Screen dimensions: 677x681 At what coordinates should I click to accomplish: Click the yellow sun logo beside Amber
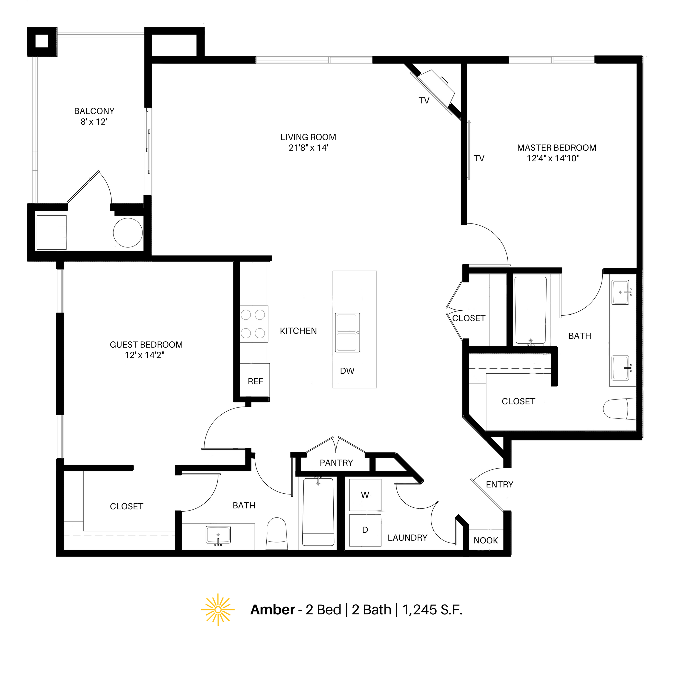(218, 610)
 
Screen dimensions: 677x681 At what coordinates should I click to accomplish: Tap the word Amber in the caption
(273, 610)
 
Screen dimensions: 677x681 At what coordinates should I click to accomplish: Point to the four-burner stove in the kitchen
(253, 324)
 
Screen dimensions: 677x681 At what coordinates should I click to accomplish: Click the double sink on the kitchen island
(347, 332)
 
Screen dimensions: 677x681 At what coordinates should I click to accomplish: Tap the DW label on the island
(347, 371)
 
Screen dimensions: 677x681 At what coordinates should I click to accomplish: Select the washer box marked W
(365, 495)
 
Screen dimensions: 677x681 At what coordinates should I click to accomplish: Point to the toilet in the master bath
(619, 409)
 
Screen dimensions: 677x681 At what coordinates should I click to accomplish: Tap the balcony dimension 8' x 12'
(94, 122)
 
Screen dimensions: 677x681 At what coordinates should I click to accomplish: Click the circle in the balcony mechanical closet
(128, 233)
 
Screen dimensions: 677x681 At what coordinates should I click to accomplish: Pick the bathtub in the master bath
(530, 310)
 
